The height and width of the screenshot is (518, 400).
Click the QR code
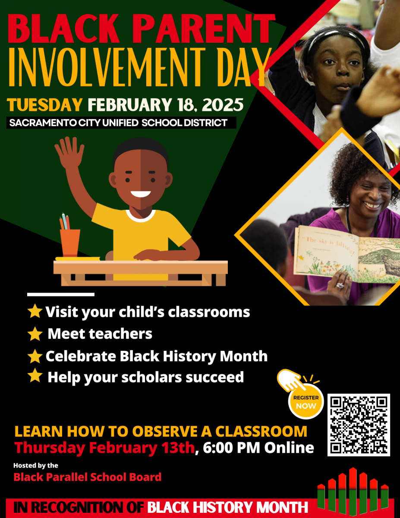[x=359, y=425]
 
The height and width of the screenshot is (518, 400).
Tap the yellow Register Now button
[x=306, y=401]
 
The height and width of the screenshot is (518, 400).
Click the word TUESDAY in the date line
[x=44, y=104]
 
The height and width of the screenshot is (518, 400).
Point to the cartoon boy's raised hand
[x=69, y=152]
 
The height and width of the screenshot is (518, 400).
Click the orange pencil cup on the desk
[x=70, y=243]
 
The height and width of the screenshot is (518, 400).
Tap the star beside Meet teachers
[x=35, y=334]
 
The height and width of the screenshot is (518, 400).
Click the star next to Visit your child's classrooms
[x=35, y=311]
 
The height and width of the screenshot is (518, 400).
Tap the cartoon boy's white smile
[x=141, y=194]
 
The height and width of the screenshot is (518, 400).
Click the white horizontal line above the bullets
[x=61, y=294]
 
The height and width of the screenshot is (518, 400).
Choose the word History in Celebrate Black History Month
[x=189, y=357]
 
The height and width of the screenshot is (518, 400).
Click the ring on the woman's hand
[x=340, y=285]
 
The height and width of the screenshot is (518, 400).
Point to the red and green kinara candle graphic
[x=353, y=491]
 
